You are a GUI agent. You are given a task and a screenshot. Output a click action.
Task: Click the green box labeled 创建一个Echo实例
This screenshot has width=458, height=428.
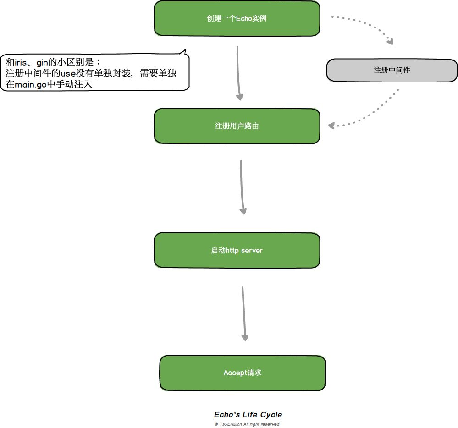coord(237,19)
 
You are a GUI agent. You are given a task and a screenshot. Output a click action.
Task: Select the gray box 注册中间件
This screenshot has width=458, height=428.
coord(392,71)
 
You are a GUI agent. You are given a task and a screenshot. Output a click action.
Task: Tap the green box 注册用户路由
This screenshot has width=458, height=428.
coord(237,126)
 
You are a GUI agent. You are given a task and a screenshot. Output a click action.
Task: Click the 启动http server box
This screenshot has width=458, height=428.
coord(237,251)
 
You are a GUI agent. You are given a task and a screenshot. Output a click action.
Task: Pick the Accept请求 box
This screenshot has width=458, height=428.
coord(242,373)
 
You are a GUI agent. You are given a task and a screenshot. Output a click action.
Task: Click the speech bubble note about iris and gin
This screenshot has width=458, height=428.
coord(95,73)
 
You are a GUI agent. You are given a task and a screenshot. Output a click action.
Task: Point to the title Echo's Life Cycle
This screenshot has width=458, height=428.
coord(248,415)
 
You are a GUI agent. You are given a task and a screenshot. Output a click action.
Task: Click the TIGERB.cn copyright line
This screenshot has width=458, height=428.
coord(247,424)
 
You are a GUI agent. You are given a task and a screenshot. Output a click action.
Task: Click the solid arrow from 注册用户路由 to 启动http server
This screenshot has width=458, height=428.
coord(242,187)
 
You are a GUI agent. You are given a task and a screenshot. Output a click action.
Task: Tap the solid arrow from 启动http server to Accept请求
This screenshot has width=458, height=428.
coord(243,314)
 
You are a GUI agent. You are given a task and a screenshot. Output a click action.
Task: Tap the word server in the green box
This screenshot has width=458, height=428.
coord(252,251)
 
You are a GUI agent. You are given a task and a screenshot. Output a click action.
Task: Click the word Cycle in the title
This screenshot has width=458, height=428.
coord(271,415)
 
